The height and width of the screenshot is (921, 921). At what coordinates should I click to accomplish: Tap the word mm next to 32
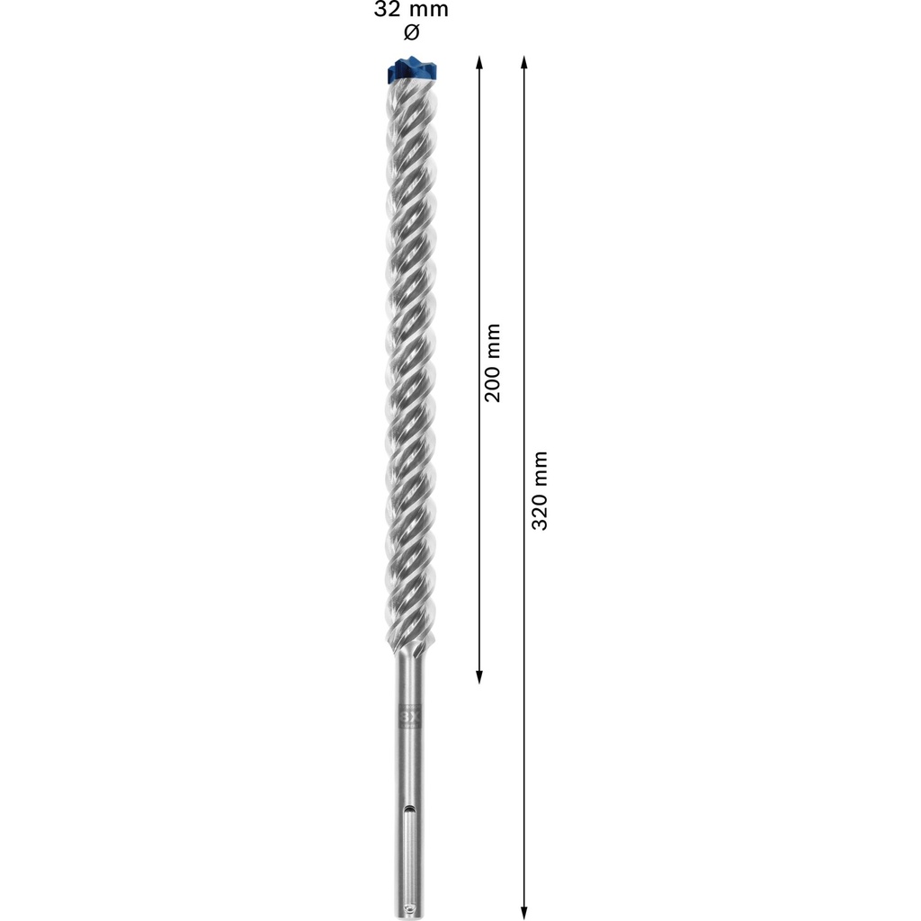pyautogui.click(x=428, y=11)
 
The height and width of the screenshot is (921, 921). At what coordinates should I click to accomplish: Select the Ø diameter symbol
pyautogui.click(x=411, y=34)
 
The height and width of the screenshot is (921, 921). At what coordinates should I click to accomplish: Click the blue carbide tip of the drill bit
pyautogui.click(x=413, y=69)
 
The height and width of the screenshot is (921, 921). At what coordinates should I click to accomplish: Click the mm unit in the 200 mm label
pyautogui.click(x=492, y=339)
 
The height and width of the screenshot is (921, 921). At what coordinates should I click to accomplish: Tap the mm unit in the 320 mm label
pyautogui.click(x=539, y=467)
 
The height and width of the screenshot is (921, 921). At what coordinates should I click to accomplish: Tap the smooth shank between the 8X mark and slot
pyautogui.click(x=410, y=765)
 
